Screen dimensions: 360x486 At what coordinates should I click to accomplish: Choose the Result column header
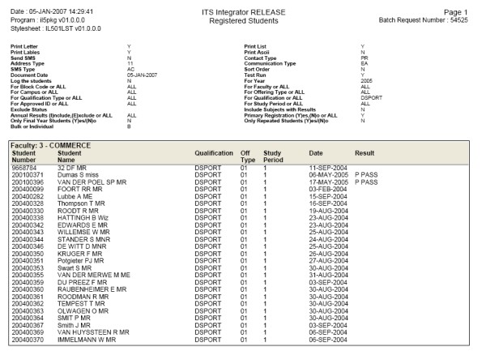(364, 152)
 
